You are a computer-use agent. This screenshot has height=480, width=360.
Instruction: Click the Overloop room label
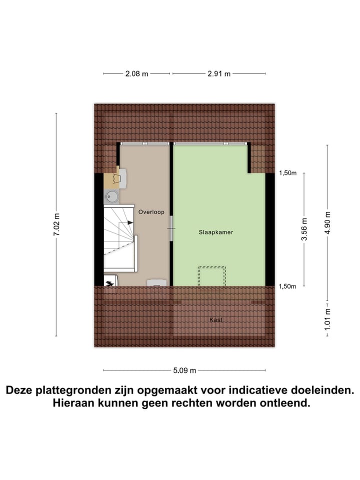pos(151,212)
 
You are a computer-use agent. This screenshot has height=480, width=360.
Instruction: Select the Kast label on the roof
pos(216,319)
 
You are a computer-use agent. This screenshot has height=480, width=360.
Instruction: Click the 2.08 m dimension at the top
pos(136,73)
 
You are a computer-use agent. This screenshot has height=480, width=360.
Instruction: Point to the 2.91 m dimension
pos(219,73)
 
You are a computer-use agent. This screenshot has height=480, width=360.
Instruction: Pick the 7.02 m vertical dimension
pos(56,223)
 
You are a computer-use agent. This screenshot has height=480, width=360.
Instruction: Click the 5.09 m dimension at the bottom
pos(184,370)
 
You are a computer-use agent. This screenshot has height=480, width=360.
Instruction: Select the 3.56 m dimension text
pos(304,229)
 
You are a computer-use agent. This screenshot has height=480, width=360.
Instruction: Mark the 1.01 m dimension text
pos(327,317)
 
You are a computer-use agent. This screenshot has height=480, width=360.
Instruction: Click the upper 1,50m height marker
pos(287,173)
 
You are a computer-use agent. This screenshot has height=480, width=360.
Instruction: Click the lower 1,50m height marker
pos(287,286)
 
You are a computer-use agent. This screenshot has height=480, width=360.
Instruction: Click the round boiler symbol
pos(111,195)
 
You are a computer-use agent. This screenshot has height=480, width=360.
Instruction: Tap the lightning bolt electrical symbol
pos(109,282)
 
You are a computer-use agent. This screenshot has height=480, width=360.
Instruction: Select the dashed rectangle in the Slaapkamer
pos(212,276)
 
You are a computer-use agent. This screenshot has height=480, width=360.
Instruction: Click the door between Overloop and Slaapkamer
pos(171,228)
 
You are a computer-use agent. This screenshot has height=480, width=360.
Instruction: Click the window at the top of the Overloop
pos(144,143)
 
